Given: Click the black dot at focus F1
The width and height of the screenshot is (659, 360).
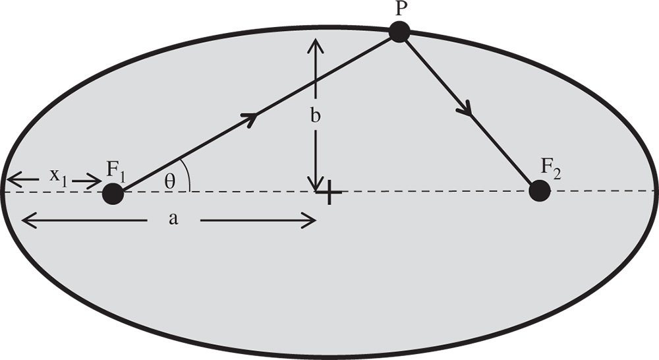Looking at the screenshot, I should [x=113, y=194].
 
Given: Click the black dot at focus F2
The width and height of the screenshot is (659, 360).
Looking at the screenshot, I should [x=540, y=192].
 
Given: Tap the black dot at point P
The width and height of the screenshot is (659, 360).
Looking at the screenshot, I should [x=399, y=32].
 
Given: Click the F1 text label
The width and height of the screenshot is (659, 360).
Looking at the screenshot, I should [x=118, y=170].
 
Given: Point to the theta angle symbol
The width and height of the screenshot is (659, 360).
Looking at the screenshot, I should [x=170, y=181].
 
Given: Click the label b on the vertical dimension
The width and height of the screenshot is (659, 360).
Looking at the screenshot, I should [x=316, y=117].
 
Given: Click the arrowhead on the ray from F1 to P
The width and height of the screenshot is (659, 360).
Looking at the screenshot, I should [x=251, y=117].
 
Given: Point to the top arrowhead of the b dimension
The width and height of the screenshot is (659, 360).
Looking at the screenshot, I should [x=317, y=44].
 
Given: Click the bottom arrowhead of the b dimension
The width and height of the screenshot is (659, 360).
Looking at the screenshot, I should [x=317, y=184].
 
